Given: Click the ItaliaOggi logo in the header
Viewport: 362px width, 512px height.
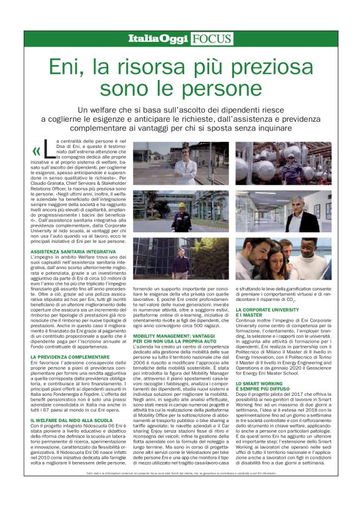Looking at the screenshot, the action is point(159,39).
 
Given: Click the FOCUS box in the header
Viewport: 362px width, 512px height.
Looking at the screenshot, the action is point(208,39).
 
